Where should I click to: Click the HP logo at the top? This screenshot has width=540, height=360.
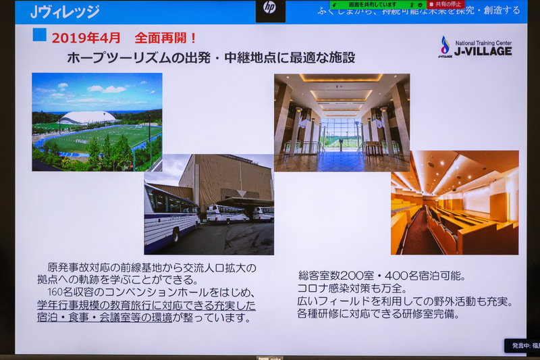coord(270,8)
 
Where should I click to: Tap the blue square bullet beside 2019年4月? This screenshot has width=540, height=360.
coord(39,34)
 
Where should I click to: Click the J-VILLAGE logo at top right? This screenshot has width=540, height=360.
coord(475,47)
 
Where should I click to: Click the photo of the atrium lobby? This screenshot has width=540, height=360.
coord(342,122)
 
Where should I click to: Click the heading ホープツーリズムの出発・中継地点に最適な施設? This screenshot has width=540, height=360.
coord(211,58)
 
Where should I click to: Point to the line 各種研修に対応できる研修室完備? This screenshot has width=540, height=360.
coord(379,314)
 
